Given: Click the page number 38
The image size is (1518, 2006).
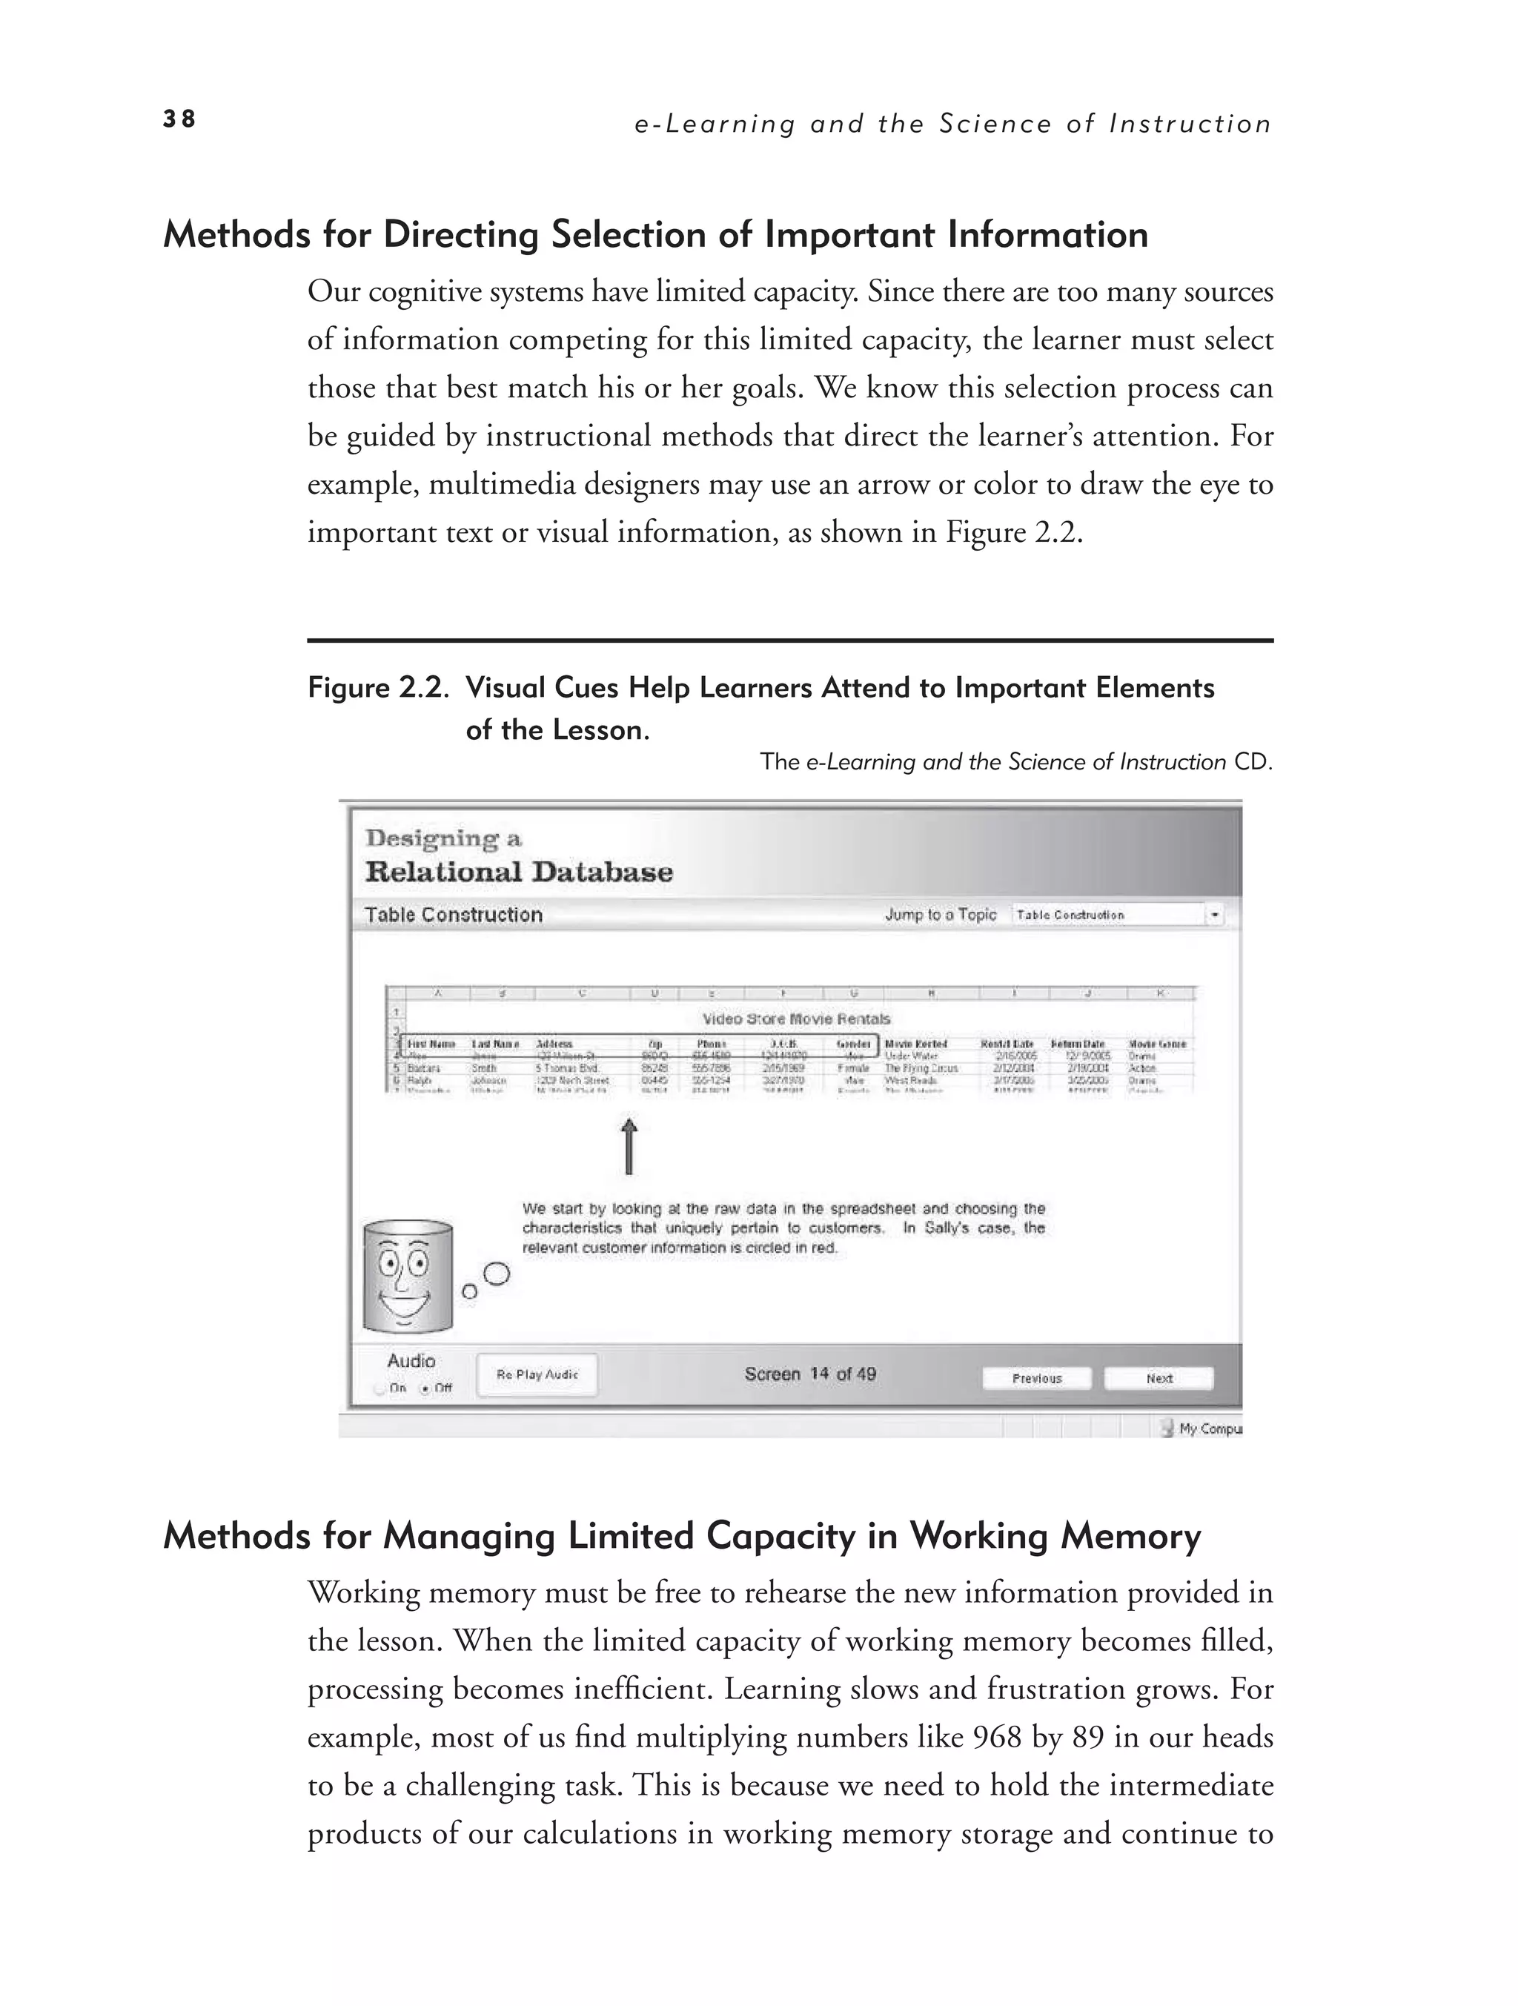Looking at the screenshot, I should tap(179, 119).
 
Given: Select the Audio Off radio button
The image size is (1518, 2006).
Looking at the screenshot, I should tap(423, 1388).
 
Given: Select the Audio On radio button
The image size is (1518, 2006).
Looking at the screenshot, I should tap(379, 1388).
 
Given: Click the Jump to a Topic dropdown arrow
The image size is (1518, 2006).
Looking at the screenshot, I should tap(1214, 915).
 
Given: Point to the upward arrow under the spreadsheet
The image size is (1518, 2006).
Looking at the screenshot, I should tap(629, 1145).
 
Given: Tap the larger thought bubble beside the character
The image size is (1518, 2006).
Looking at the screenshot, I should tap(496, 1274).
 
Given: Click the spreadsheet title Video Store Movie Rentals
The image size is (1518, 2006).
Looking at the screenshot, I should tap(796, 1019).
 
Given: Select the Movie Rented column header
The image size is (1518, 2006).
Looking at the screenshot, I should tap(916, 1044).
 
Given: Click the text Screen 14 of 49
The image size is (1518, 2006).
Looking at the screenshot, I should tap(810, 1374).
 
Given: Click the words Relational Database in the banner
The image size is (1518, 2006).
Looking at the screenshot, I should tap(519, 873).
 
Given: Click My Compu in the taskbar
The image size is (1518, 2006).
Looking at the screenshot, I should tap(1209, 1429).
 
